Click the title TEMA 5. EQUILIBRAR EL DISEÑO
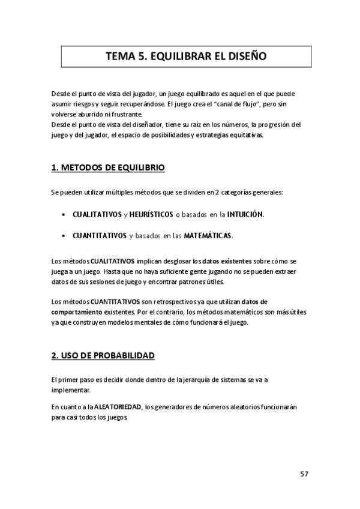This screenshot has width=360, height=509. (186, 57)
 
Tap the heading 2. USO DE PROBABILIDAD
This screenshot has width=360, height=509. (103, 355)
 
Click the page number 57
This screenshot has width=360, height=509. (304, 474)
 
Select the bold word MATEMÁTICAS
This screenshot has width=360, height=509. (208, 235)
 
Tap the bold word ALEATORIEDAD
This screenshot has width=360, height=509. (118, 407)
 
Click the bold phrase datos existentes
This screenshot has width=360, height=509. (226, 262)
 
